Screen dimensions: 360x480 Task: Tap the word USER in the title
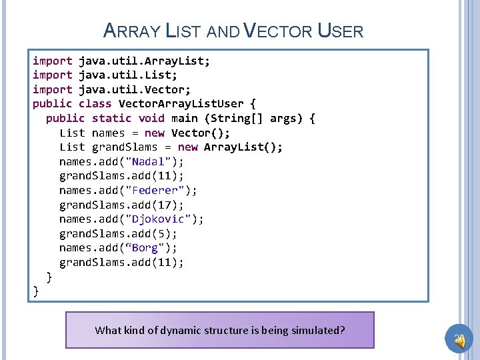click(341, 31)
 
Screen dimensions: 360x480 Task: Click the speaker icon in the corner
click(459, 340)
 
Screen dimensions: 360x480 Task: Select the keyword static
click(111, 118)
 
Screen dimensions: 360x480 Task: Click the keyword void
click(151, 118)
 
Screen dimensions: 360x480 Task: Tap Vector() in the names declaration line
click(201, 133)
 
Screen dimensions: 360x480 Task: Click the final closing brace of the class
click(36, 290)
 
